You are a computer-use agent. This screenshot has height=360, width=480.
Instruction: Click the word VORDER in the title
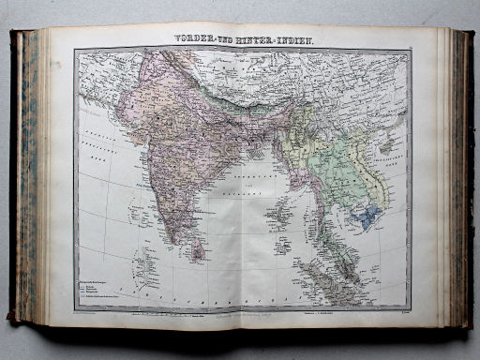[197, 38]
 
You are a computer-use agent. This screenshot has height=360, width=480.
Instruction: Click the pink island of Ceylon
[197, 248]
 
